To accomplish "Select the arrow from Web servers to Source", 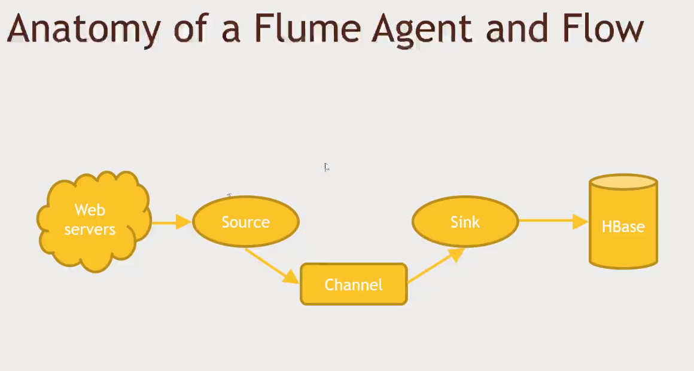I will point(171,222).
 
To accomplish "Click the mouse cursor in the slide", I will point(327,167).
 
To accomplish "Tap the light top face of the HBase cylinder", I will point(623,182).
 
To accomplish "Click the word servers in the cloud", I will point(90,229).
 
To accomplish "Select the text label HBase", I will point(623,227).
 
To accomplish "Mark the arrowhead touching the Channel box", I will point(291,277).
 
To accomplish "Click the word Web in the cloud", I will point(90,210).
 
